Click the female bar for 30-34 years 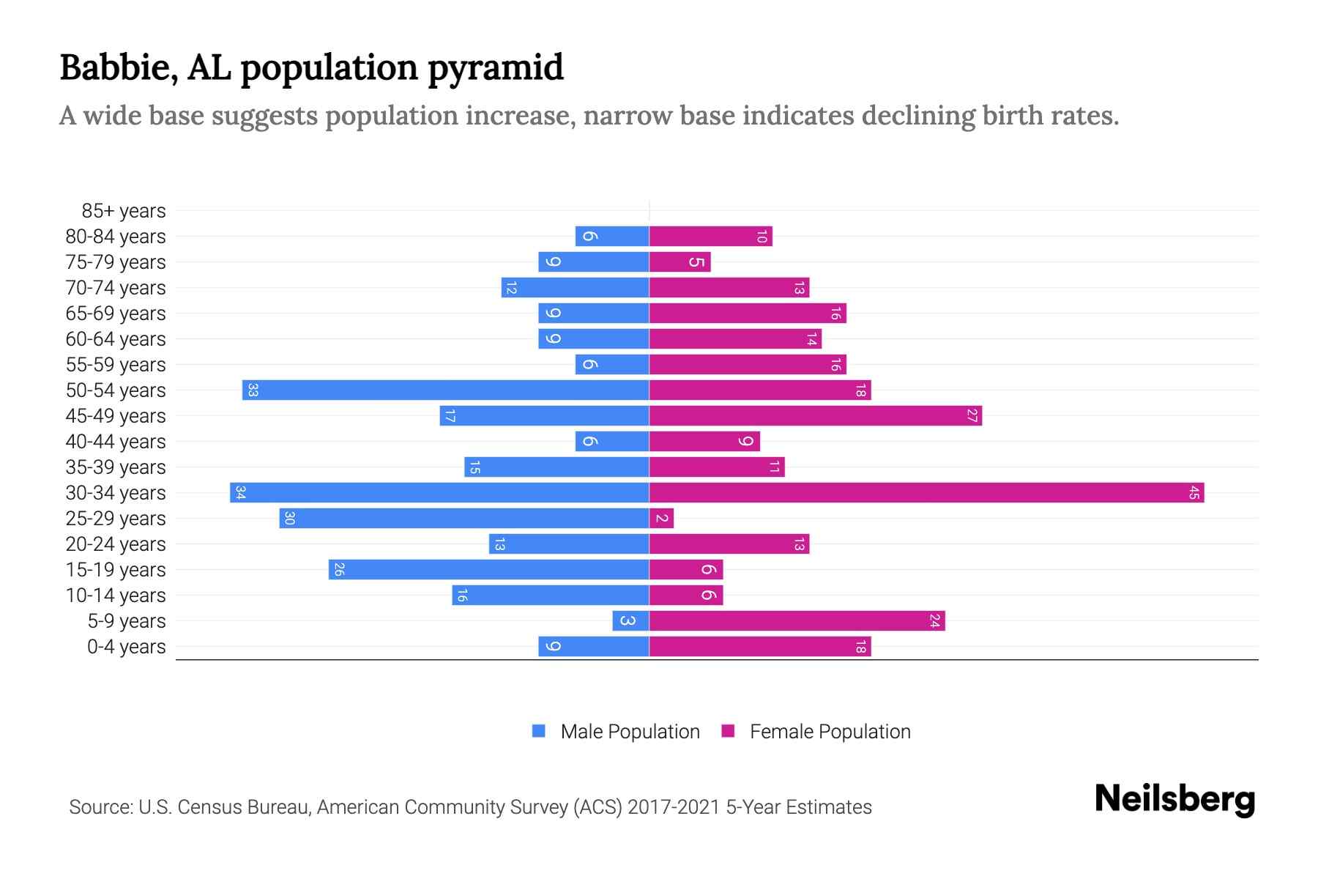[926, 492]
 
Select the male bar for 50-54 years [445, 390]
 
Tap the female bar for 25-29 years [661, 518]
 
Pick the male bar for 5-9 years [630, 620]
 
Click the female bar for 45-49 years [815, 415]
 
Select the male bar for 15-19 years [488, 569]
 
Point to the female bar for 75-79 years [680, 262]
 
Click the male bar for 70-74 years [575, 287]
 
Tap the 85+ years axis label [123, 211]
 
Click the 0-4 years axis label [126, 647]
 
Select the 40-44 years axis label [116, 442]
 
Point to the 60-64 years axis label [116, 339]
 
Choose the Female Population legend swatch [728, 731]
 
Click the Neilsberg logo [1174, 798]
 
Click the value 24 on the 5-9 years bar [934, 620]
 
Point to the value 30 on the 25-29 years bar [289, 518]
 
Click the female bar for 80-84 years [710, 236]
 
